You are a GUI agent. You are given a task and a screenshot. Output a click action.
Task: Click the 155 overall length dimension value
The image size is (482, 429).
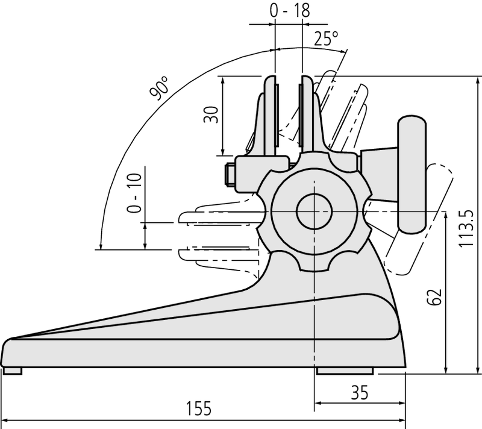click(199, 409)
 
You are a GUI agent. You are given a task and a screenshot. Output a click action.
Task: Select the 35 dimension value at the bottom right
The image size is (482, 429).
click(360, 393)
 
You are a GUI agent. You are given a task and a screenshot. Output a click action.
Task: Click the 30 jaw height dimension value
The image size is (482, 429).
click(210, 114)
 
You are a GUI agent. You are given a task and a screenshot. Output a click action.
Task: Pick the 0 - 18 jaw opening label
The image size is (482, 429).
click(288, 11)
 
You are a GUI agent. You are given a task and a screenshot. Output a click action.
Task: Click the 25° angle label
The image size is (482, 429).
click(326, 39)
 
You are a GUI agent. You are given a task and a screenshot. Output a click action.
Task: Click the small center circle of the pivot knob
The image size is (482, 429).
click(314, 211)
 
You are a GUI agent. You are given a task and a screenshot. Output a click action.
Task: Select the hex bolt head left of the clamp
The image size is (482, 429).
click(229, 175)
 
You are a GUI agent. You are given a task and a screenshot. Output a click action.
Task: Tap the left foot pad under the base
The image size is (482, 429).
click(13, 371)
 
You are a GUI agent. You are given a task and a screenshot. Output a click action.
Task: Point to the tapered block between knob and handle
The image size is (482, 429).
click(378, 175)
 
